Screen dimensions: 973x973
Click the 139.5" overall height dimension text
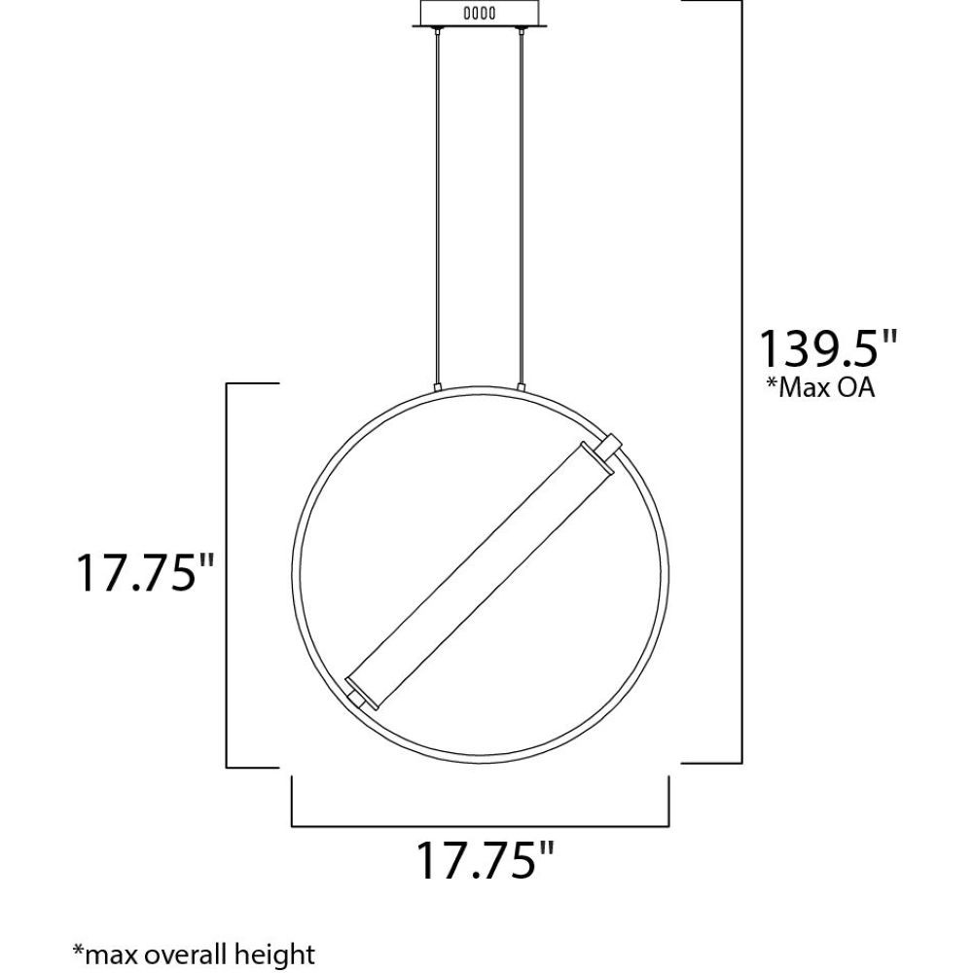tap(829, 349)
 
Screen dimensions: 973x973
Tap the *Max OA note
tap(820, 388)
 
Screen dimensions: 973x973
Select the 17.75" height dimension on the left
tap(145, 573)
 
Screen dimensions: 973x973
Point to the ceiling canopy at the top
tap(481, 14)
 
